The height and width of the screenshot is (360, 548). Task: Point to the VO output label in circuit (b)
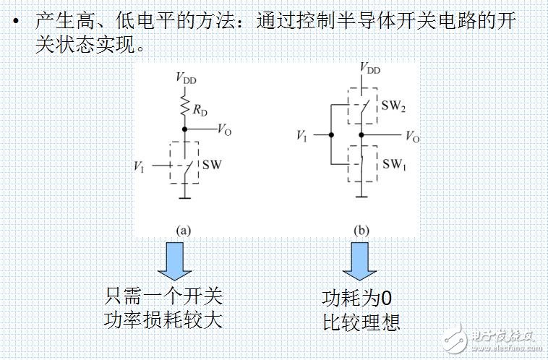pos(411,136)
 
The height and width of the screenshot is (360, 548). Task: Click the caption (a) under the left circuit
pos(184,231)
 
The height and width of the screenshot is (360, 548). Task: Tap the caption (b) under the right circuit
pos(360,231)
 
